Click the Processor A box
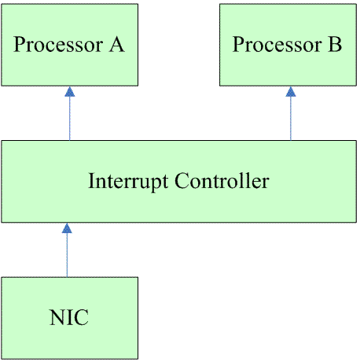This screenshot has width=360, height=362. (x=70, y=45)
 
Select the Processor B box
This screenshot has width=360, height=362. (x=288, y=45)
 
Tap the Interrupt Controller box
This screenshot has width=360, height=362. (x=179, y=182)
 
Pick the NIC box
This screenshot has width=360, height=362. (x=70, y=318)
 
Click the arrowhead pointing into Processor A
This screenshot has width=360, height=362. (x=70, y=91)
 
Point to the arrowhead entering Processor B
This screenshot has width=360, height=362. (x=291, y=91)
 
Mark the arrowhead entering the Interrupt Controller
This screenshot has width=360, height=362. (x=67, y=228)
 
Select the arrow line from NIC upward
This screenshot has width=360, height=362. (x=67, y=250)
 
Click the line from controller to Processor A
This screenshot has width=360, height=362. (x=70, y=113)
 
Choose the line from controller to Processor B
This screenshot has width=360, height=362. (x=291, y=113)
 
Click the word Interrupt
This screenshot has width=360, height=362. (x=128, y=182)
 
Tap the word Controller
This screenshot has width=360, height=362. (x=222, y=180)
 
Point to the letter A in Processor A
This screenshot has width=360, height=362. (x=116, y=44)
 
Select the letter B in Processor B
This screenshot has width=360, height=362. (x=335, y=44)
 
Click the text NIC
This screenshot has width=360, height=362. (x=69, y=317)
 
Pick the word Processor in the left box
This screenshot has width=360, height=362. (x=58, y=44)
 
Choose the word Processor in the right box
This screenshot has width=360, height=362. (x=277, y=44)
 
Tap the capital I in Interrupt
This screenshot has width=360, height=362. (x=92, y=180)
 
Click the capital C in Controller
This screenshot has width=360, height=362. (x=182, y=181)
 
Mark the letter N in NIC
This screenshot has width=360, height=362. (x=57, y=317)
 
